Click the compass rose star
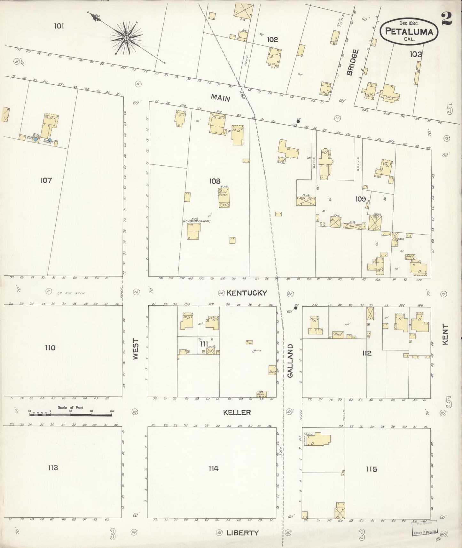(x=126, y=38)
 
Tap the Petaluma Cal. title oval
(x=409, y=31)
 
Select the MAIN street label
(x=221, y=98)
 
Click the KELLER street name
(x=237, y=412)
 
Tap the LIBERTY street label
(x=242, y=533)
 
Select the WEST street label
(x=136, y=349)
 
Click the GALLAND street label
(x=290, y=361)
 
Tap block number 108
(x=215, y=181)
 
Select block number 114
(x=213, y=468)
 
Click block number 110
(x=50, y=348)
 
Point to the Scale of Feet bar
(x=70, y=414)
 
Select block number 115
(x=372, y=469)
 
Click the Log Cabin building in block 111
(x=262, y=394)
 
